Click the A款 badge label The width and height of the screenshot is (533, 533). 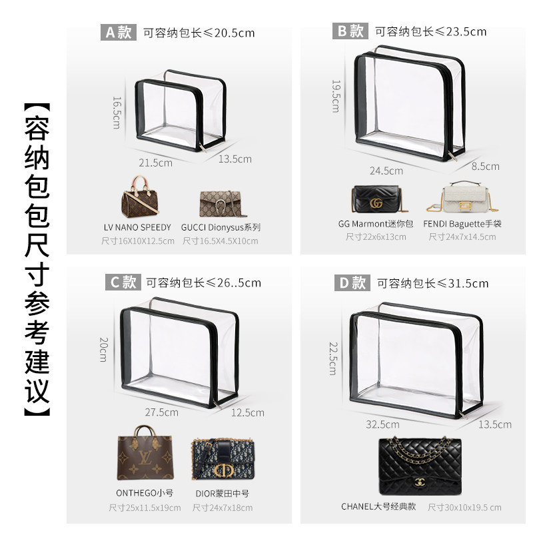[x=118, y=32]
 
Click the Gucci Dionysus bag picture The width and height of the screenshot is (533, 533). [x=221, y=203]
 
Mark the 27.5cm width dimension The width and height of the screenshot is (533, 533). [x=163, y=412]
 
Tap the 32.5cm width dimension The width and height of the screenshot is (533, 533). [x=383, y=424]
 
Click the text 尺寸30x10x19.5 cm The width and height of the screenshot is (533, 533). [x=464, y=508]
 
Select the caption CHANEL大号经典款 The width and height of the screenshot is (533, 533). [x=378, y=506]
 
